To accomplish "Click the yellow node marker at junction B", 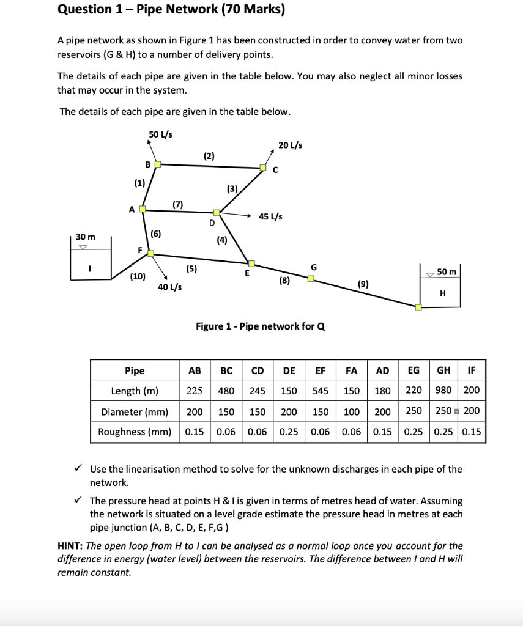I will click(157, 164).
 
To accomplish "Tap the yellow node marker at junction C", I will click(263, 167).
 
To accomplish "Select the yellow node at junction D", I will click(217, 213).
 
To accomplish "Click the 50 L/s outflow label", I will click(160, 134).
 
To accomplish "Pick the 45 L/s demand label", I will click(271, 216).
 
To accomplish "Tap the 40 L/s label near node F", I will click(169, 287).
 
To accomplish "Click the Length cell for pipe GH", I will click(443, 391).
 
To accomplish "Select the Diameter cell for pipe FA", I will click(351, 411).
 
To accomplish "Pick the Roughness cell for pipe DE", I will click(289, 432).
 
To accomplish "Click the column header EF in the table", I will click(320, 370).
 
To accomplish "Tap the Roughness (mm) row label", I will click(135, 432).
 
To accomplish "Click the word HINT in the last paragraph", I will click(70, 545).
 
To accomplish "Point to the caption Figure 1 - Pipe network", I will click(260, 326).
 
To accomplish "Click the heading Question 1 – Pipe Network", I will click(171, 10).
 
